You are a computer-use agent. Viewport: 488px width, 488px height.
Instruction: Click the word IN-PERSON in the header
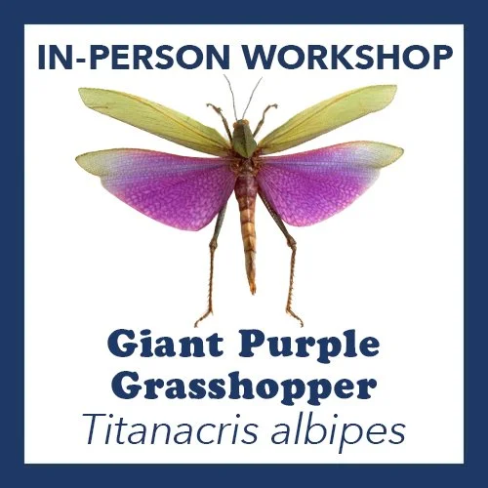117,57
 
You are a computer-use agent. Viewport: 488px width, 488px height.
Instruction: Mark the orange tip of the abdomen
251,285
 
